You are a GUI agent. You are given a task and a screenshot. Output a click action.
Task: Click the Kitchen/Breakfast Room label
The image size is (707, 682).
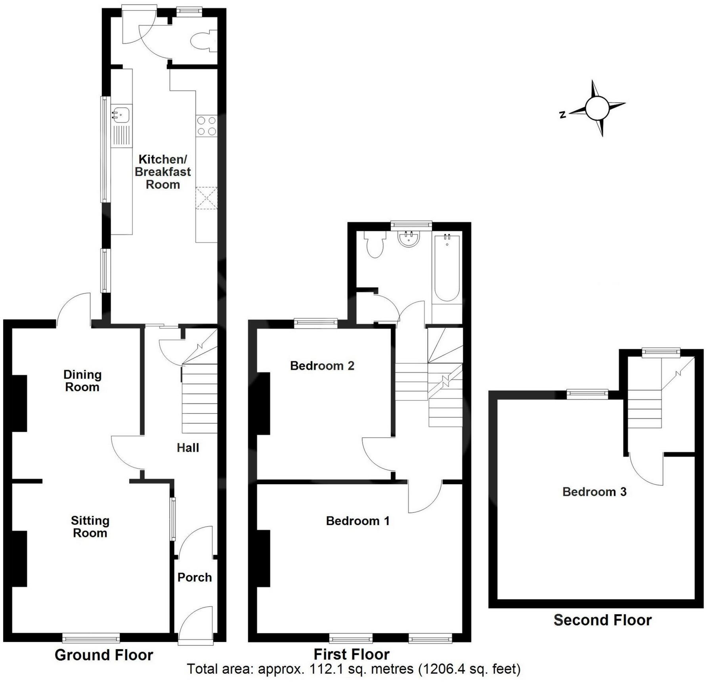[x=162, y=172]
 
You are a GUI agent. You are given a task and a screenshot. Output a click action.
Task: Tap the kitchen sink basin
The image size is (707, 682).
[x=121, y=115]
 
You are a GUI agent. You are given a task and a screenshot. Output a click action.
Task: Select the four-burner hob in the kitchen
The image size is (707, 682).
[x=206, y=125]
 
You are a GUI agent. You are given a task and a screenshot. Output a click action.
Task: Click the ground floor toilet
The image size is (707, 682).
[x=203, y=41]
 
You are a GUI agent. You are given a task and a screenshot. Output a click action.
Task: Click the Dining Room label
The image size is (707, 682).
[x=82, y=381]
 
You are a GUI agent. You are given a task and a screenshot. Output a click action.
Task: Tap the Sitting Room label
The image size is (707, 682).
[x=90, y=527]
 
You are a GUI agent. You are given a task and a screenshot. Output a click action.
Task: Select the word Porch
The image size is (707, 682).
[x=195, y=577]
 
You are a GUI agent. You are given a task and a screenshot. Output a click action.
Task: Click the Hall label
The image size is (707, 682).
[x=188, y=448]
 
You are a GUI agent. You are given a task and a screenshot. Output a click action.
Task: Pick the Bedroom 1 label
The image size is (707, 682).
[x=357, y=521]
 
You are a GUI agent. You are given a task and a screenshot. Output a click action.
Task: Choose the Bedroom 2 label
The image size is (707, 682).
[x=322, y=366]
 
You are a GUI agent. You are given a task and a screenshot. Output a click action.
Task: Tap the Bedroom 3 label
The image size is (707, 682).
[x=594, y=492]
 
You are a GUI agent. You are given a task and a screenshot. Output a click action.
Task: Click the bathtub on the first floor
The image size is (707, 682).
[x=447, y=268]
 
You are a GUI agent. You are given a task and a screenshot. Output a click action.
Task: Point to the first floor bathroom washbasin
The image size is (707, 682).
[x=409, y=239]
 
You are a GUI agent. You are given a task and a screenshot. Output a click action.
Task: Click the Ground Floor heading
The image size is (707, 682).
[x=104, y=655]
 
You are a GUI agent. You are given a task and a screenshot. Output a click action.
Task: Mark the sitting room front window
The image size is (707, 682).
[x=91, y=638]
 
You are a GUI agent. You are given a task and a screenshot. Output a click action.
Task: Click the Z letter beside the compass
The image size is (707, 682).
[x=562, y=115]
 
